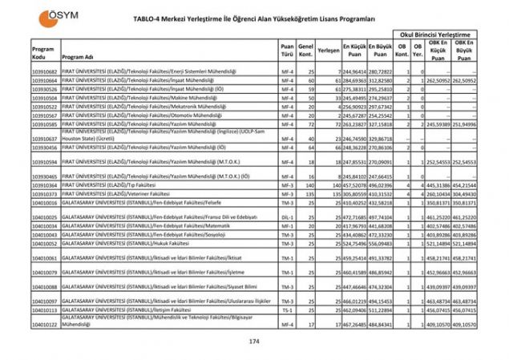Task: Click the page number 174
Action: click(x=255, y=342)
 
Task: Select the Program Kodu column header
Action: click(x=44, y=53)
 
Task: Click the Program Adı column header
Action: click(x=79, y=58)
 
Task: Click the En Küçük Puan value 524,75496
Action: click(x=353, y=243)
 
